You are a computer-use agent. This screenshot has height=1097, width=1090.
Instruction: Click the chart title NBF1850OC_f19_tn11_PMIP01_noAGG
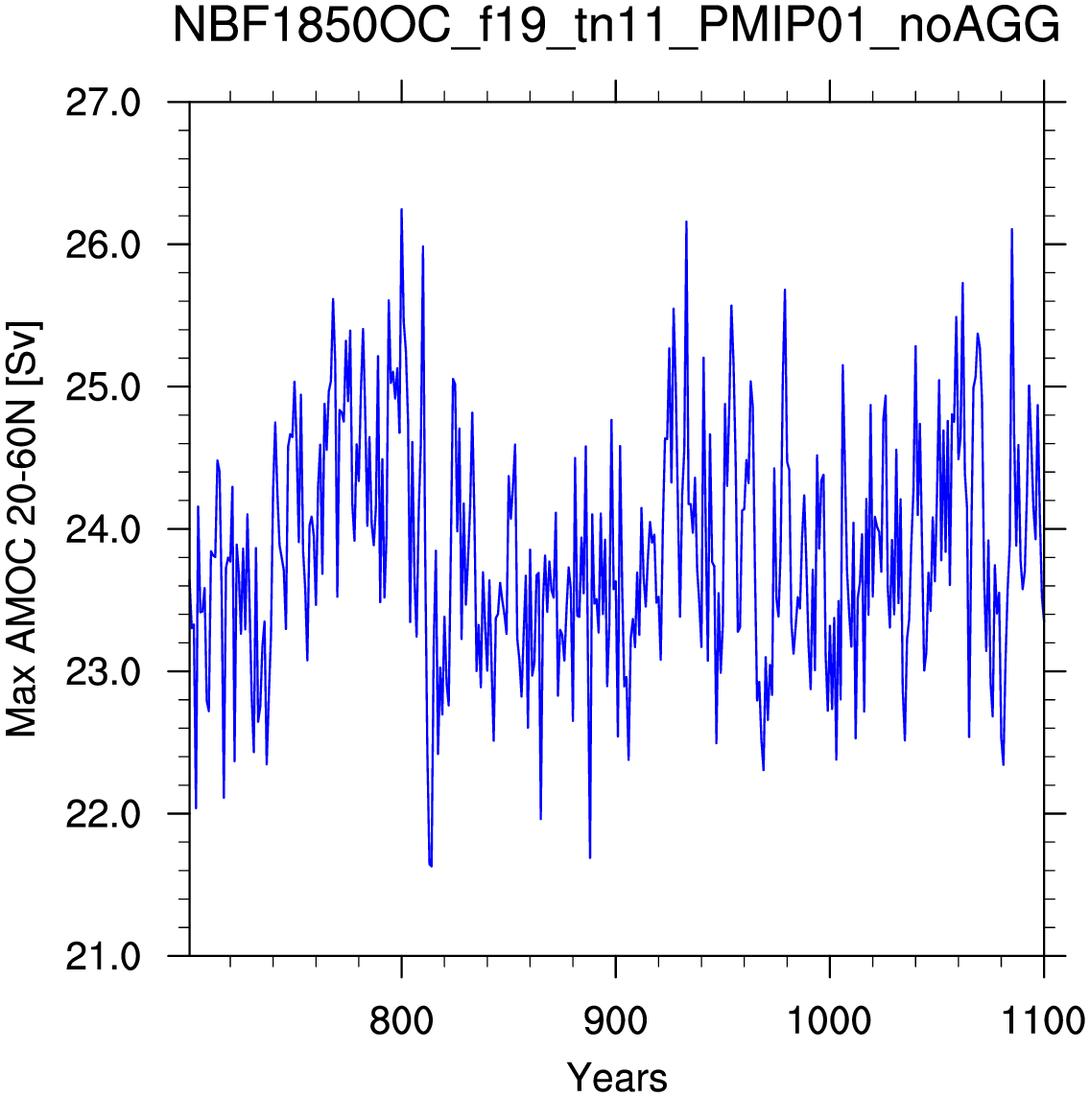[x=616, y=27]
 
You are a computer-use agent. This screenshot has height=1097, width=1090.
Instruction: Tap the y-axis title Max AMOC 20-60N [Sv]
[x=21, y=529]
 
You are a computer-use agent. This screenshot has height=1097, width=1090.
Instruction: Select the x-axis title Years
[x=616, y=1078]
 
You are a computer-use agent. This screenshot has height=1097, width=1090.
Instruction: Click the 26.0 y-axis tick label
[x=103, y=245]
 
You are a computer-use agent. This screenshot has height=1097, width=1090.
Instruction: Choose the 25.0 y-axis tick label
[x=103, y=386]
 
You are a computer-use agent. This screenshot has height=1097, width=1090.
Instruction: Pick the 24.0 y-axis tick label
[x=103, y=529]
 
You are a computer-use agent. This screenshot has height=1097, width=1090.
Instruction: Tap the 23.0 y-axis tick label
[x=103, y=671]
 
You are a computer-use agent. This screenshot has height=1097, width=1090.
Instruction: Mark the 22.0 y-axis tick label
[x=103, y=814]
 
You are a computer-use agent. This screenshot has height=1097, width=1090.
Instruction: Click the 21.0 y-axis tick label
[x=103, y=956]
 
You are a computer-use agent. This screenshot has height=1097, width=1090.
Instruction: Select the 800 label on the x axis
[x=401, y=1020]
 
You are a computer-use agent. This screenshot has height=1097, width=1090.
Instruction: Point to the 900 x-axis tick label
[x=615, y=1020]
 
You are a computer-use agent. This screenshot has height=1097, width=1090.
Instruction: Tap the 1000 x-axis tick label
[x=830, y=1020]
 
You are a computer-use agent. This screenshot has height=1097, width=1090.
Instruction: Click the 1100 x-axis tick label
[x=1044, y=1020]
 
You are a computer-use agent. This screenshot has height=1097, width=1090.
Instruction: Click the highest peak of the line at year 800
[x=401, y=209]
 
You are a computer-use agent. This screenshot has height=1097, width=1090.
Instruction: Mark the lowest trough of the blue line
[x=431, y=866]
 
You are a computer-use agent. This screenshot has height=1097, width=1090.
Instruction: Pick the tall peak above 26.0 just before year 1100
[x=1011, y=229]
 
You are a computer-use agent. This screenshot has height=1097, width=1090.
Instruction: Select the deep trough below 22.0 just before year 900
[x=590, y=857]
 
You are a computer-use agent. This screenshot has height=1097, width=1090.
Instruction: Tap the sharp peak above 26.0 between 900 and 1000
[x=687, y=222]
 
